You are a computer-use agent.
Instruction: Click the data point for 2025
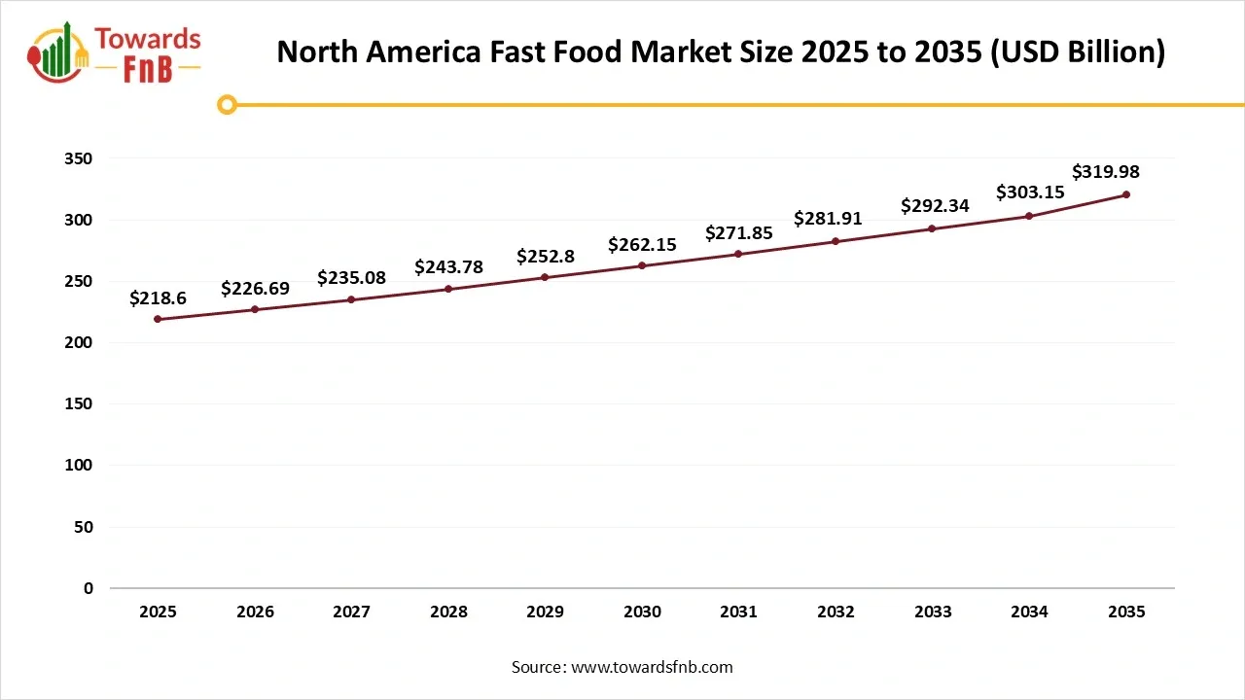click(158, 319)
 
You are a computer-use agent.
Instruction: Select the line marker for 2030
click(642, 265)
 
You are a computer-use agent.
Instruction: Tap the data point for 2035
click(1126, 194)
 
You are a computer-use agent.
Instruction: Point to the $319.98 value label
click(1106, 172)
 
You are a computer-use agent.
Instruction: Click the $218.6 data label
click(158, 298)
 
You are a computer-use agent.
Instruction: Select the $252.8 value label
click(545, 257)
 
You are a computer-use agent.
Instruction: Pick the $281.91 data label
click(828, 218)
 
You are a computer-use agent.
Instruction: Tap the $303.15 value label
click(1030, 192)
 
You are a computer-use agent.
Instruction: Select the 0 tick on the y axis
click(89, 588)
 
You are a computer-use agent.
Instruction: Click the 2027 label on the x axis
click(351, 612)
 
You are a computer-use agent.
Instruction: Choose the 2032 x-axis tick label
click(836, 612)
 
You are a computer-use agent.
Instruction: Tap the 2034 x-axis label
click(1029, 612)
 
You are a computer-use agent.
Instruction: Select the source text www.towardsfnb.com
click(652, 667)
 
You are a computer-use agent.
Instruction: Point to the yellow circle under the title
click(227, 105)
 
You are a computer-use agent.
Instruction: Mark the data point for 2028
click(448, 289)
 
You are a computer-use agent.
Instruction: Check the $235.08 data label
click(351, 278)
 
